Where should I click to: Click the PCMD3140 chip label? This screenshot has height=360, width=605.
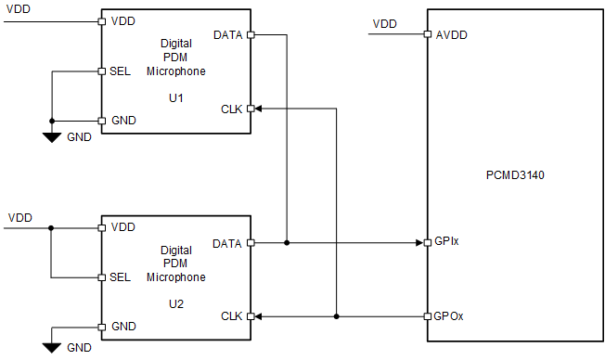point(515,174)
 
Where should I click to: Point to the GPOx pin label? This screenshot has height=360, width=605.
point(449,316)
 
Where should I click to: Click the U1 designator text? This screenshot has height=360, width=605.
point(175,94)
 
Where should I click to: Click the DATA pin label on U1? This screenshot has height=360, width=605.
point(228,35)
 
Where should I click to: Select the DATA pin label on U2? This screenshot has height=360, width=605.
point(228,243)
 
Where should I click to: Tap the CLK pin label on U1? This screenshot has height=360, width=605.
point(232,109)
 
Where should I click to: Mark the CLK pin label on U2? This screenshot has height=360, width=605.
point(232,316)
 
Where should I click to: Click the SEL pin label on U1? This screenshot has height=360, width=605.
point(120,71)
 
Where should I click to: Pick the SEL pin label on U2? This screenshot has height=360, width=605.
point(120,277)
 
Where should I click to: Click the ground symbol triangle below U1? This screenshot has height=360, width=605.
point(52,137)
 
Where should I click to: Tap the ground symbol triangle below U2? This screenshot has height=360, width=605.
point(52,346)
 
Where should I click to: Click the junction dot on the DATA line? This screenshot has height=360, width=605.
point(288,243)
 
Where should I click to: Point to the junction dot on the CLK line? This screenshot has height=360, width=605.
point(336,316)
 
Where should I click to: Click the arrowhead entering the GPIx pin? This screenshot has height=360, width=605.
point(418,243)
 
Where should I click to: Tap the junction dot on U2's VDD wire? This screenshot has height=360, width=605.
point(52,227)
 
